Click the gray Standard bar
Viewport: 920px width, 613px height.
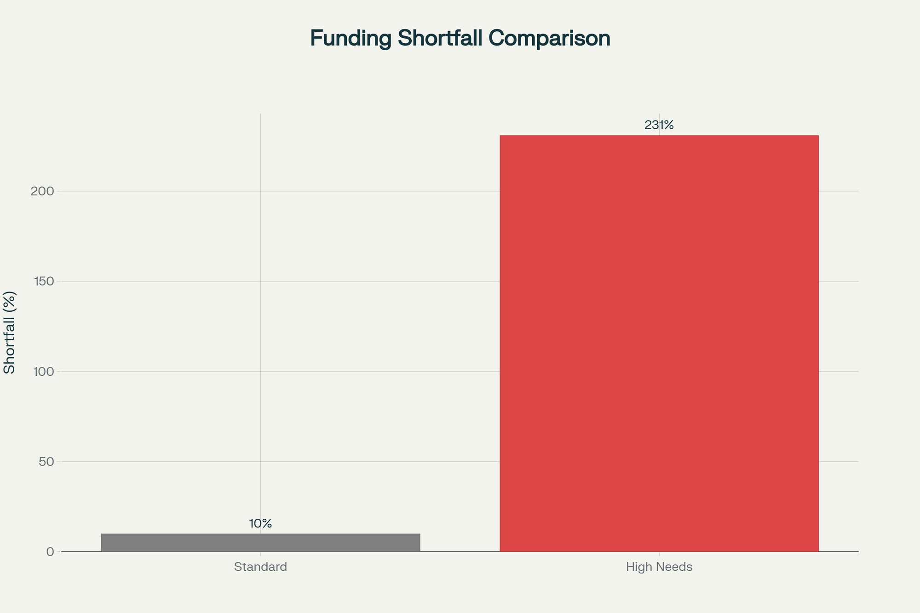pyautogui.click(x=260, y=543)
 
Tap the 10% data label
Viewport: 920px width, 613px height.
pyautogui.click(x=260, y=524)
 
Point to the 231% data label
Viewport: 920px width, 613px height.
pyautogui.click(x=659, y=125)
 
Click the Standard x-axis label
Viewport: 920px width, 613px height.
pyautogui.click(x=260, y=567)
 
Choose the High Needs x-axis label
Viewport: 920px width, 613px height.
pyautogui.click(x=659, y=567)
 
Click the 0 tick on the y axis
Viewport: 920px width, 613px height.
pyautogui.click(x=50, y=552)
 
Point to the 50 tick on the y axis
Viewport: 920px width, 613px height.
pyautogui.click(x=46, y=462)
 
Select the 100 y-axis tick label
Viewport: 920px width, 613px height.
pyautogui.click(x=43, y=372)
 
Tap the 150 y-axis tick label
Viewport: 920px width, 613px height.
pyautogui.click(x=43, y=281)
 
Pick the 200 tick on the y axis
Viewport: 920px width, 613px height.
pyautogui.click(x=43, y=191)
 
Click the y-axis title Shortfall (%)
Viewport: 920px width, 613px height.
pyautogui.click(x=10, y=332)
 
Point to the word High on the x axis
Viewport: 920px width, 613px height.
pyautogui.click(x=637, y=567)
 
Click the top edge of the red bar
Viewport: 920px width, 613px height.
pyautogui.click(x=659, y=136)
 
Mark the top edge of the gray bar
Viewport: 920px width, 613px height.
pyautogui.click(x=260, y=534)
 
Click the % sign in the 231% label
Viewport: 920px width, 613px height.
pyautogui.click(x=669, y=125)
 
